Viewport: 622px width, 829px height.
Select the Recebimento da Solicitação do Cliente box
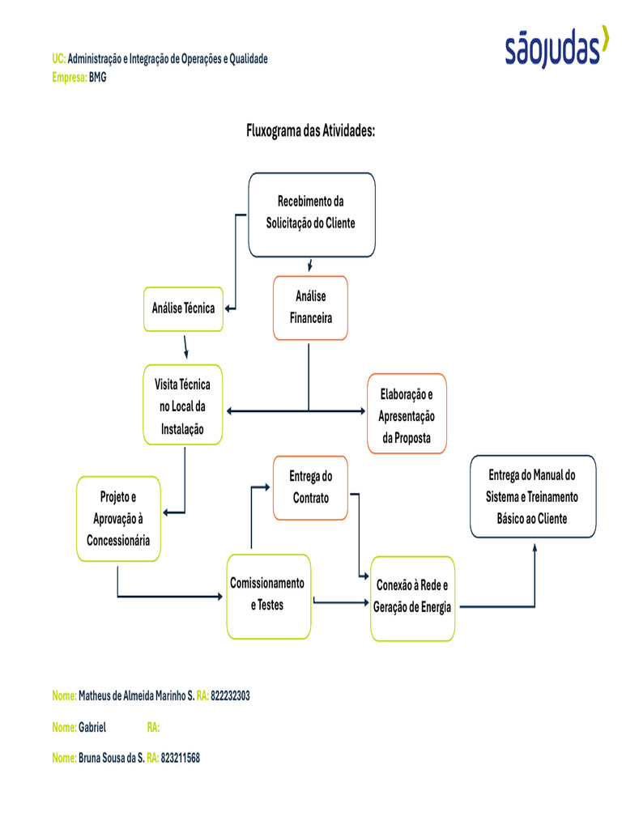(x=311, y=215)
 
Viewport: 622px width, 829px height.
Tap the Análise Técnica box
(x=184, y=308)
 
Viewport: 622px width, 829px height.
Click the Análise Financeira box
(x=310, y=308)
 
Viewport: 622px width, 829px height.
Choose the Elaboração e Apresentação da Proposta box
(x=407, y=414)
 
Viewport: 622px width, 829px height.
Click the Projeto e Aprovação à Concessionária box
(x=118, y=519)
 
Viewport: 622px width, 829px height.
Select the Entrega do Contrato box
(x=311, y=487)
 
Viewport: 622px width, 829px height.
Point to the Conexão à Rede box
(x=412, y=597)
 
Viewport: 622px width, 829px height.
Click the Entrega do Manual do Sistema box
(x=533, y=496)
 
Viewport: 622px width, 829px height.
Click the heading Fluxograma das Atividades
(x=310, y=131)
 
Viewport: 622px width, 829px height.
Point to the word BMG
(x=97, y=78)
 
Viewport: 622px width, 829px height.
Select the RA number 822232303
(x=230, y=695)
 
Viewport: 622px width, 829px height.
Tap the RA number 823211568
(x=180, y=758)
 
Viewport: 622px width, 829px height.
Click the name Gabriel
(x=92, y=727)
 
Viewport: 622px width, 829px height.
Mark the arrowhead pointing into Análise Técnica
(x=229, y=308)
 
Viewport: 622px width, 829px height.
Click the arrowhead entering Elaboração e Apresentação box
(x=362, y=411)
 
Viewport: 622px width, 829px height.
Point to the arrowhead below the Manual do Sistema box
(x=535, y=546)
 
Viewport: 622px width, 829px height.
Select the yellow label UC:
(x=58, y=59)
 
